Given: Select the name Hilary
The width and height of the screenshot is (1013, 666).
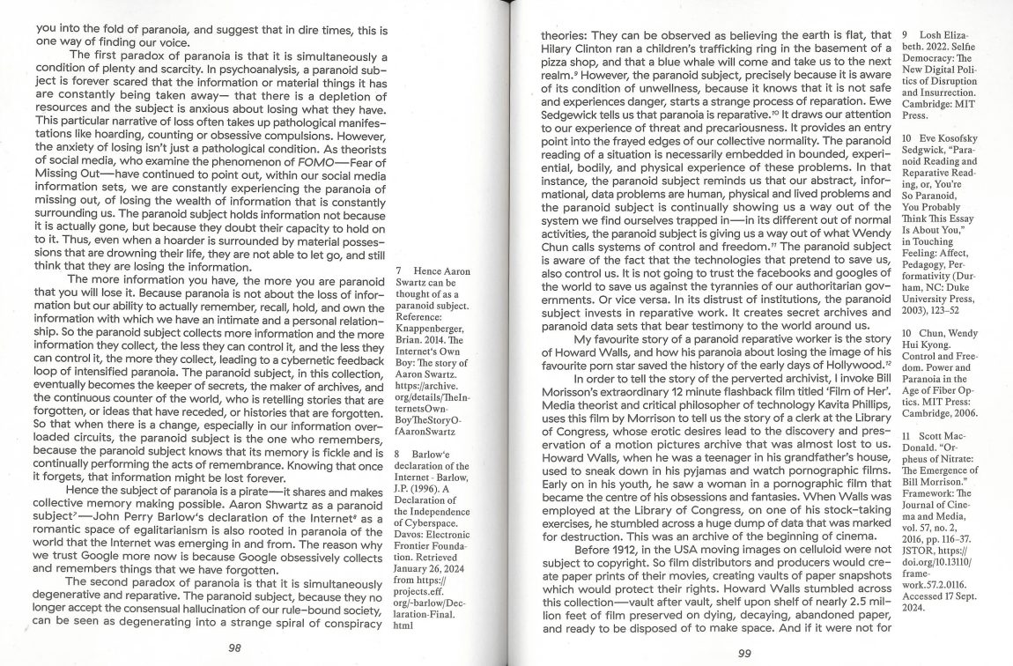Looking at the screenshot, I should (x=558, y=49).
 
